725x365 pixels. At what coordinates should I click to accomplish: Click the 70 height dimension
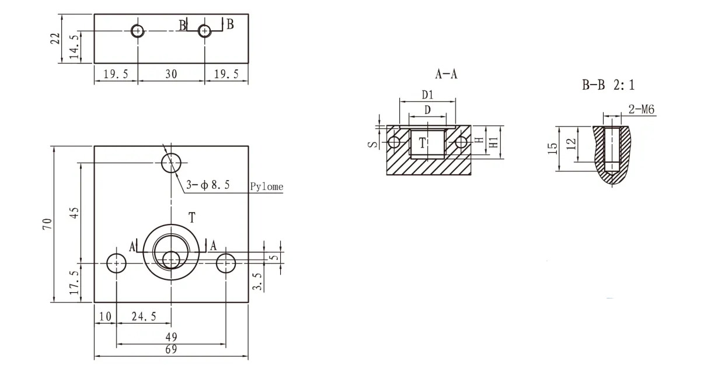coord(47,224)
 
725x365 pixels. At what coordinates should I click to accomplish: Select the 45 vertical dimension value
coord(75,213)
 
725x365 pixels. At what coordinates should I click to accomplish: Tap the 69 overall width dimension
coord(171,349)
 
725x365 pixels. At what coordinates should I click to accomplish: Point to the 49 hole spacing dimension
coord(171,337)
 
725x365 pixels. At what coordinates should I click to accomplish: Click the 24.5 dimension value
coord(144,317)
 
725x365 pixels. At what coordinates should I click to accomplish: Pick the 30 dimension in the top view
coord(171,74)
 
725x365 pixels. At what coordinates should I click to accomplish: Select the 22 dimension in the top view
coord(55,38)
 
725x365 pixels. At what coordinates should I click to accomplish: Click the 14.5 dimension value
coord(75,47)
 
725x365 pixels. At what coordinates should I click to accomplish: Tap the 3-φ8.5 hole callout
coord(208,185)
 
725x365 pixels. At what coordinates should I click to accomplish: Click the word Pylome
coord(267,187)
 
